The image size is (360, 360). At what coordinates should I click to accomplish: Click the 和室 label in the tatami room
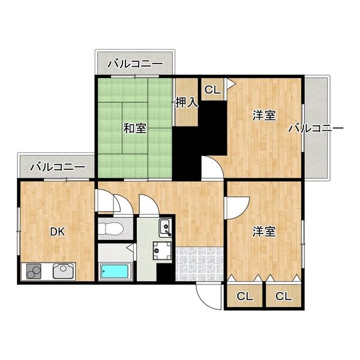click(135, 128)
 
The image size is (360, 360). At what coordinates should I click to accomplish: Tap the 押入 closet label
click(187, 103)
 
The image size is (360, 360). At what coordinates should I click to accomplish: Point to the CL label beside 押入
click(212, 90)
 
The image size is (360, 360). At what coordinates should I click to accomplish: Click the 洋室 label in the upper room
click(264, 116)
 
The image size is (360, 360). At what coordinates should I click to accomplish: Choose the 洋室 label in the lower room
click(264, 231)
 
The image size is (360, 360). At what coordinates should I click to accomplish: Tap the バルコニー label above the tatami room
click(135, 63)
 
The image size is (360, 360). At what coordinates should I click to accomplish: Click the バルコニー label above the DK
click(57, 166)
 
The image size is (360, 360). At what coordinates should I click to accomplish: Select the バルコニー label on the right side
click(315, 128)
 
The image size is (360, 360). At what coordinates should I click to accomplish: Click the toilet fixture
click(111, 229)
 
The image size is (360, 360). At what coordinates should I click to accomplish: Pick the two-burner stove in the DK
click(34, 272)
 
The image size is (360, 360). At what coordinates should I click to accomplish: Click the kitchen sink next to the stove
click(62, 271)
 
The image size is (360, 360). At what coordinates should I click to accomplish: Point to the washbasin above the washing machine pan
click(164, 227)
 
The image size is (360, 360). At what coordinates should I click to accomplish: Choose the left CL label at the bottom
click(244, 296)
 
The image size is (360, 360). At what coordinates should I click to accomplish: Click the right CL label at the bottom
click(283, 296)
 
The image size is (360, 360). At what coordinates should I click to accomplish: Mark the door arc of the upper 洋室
click(211, 169)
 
